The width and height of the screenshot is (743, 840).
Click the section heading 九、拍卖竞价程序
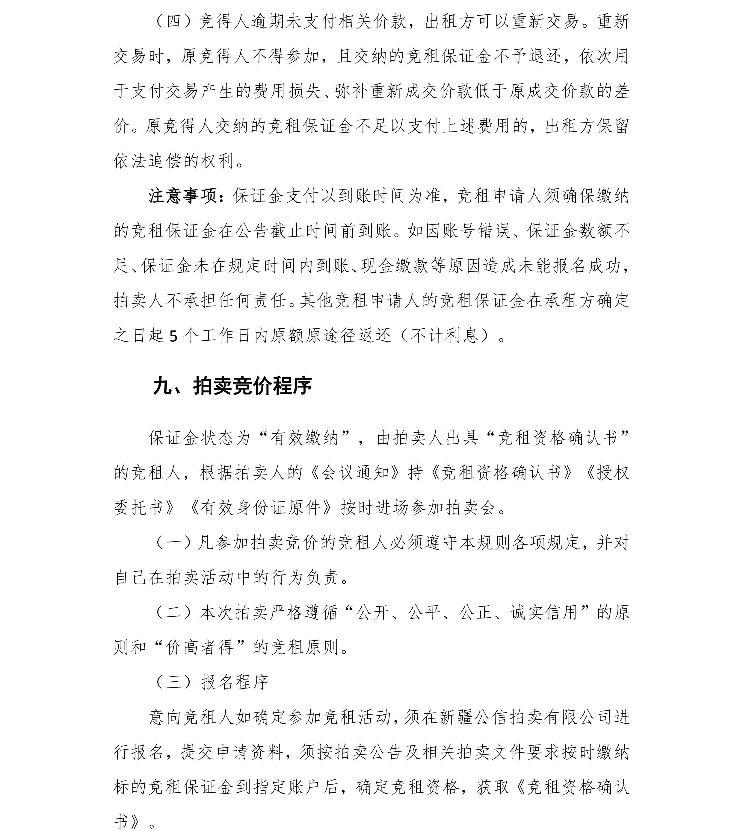click(232, 386)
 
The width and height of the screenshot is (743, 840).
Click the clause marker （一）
click(173, 543)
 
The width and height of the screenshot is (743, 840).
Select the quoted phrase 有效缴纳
click(304, 438)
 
